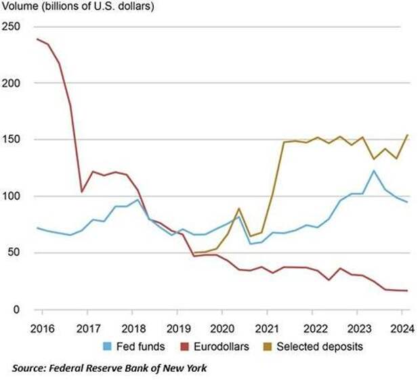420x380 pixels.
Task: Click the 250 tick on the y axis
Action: click(11, 26)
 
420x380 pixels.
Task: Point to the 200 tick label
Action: click(11, 83)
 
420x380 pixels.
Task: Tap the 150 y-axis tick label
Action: click(11, 140)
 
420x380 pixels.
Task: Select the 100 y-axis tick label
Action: click(11, 196)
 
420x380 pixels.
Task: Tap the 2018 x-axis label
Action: click(133, 330)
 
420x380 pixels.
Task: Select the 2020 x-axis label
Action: click(222, 330)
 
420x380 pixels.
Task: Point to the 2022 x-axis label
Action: click(312, 330)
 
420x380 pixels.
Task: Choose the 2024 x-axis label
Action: click(400, 330)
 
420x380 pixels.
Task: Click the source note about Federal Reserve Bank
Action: click(109, 368)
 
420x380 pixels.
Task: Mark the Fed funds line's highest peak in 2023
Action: click(373, 171)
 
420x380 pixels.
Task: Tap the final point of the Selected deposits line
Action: click(407, 135)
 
